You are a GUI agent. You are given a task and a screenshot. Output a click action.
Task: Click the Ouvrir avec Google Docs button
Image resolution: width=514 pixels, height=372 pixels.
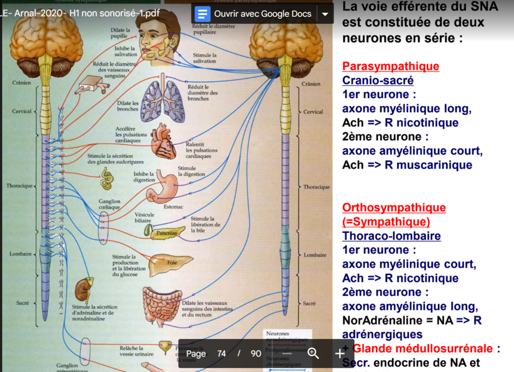coord(254,14)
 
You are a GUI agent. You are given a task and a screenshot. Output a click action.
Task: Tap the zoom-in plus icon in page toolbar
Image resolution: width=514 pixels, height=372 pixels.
coord(340,354)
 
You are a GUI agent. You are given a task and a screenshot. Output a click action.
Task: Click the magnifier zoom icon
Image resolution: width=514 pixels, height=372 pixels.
coord(313,354)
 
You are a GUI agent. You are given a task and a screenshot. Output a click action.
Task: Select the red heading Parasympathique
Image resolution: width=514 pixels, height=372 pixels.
coord(391,66)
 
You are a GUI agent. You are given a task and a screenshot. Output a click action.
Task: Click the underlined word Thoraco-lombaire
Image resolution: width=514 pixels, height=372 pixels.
coord(391,236)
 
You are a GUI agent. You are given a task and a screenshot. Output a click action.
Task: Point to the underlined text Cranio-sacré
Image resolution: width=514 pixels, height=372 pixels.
coord(378,81)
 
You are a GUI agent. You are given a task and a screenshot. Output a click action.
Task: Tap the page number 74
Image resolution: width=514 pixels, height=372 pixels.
coord(222,354)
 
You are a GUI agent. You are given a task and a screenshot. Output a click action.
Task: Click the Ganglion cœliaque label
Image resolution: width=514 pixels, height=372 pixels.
coord(109,204)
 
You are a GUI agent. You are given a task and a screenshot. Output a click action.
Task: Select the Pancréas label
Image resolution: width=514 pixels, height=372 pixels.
coord(167,233)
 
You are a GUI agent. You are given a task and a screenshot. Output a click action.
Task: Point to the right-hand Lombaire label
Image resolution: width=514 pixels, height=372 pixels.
coord(315,255)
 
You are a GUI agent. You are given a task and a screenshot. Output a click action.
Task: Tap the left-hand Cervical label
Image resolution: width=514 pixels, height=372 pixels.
coord(22,111)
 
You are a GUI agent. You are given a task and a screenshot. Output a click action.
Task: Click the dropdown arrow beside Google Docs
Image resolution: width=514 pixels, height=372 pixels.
coord(325,14)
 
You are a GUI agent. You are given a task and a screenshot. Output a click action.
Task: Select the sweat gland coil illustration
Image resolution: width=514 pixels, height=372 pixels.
coord(107,178)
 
